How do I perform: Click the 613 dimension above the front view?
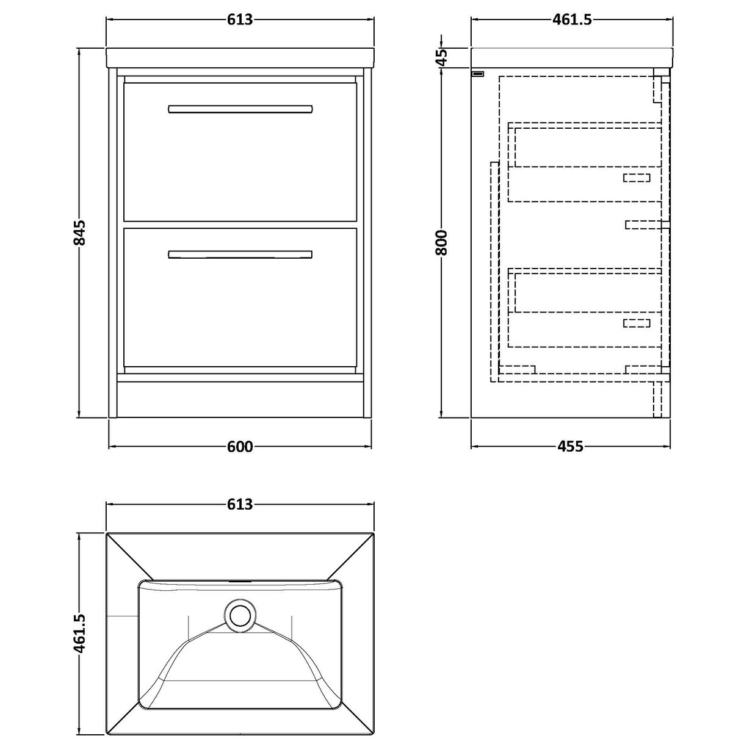point(240,20)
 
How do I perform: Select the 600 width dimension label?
point(240,447)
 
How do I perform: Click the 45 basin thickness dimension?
point(442,56)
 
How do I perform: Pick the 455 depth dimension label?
point(571,447)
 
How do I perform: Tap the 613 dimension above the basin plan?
point(240,505)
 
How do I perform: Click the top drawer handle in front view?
point(240,109)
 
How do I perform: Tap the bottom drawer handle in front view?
point(240,254)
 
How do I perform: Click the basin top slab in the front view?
point(240,57)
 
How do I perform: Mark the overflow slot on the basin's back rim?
point(240,581)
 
